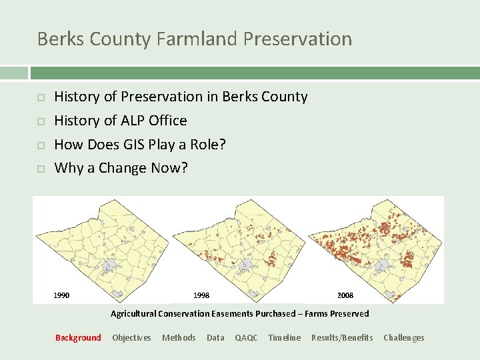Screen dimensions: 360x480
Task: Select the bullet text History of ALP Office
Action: [120, 121]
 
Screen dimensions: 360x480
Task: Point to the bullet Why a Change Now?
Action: [121, 168]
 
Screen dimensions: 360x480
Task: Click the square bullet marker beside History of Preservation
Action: [40, 97]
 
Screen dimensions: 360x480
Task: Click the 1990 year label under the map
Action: [61, 295]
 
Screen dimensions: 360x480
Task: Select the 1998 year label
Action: [201, 295]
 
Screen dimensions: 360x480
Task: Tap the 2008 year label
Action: [345, 295]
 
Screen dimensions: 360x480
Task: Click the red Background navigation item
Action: [78, 338]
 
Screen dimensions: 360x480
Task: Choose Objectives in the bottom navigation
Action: [131, 338]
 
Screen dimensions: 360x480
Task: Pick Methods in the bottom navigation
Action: [179, 338]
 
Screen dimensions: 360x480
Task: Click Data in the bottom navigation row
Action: [215, 338]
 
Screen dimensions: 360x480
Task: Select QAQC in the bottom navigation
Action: [246, 338]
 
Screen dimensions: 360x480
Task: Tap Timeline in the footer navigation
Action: [284, 338]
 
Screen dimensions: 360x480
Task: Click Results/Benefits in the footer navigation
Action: [342, 338]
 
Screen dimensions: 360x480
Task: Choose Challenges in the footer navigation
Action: [403, 338]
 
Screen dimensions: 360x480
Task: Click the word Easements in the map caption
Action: [231, 314]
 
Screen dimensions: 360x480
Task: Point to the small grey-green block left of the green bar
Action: [13, 73]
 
